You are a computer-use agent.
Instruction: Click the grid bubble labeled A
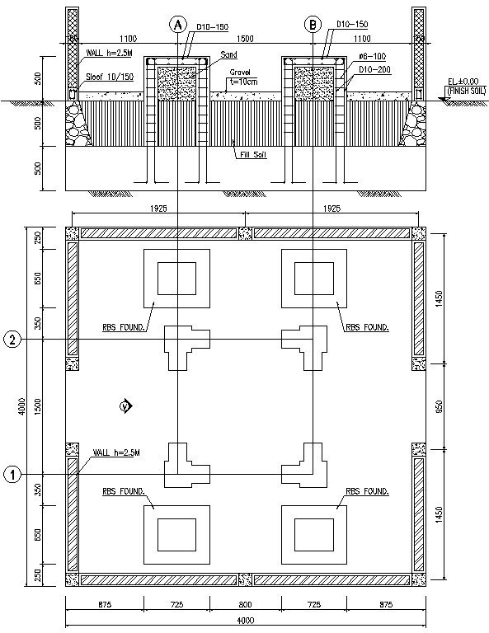pos(176,25)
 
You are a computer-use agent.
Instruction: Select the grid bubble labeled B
pos(313,25)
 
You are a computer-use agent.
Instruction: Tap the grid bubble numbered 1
pos(12,474)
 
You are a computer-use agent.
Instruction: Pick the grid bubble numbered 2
pos(12,340)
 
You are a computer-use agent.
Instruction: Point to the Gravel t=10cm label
pos(240,77)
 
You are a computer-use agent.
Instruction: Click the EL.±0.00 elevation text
pos(462,82)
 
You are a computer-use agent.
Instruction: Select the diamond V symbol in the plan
pos(125,406)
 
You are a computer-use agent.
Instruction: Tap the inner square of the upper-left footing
pos(176,278)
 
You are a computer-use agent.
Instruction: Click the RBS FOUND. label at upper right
pos(369,327)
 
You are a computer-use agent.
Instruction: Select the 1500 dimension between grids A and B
pos(245,39)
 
